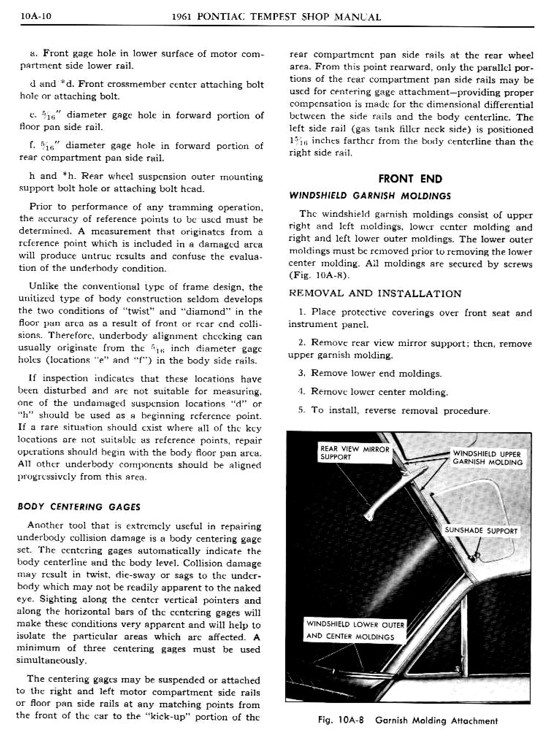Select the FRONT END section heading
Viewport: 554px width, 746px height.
pos(410,178)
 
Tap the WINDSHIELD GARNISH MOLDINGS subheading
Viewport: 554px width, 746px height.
pos(370,196)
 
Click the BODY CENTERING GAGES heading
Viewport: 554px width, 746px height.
pos(79,507)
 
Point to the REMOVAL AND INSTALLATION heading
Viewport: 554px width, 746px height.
pos(375,294)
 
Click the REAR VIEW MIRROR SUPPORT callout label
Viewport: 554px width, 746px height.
pos(354,453)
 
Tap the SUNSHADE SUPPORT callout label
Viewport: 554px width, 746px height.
pos(481,531)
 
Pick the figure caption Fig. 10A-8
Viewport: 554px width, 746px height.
pos(408,720)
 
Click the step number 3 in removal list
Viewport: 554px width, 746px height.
pos(301,373)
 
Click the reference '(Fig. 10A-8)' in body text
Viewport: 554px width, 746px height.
pos(319,276)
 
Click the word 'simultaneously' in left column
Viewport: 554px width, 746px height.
pos(51,661)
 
